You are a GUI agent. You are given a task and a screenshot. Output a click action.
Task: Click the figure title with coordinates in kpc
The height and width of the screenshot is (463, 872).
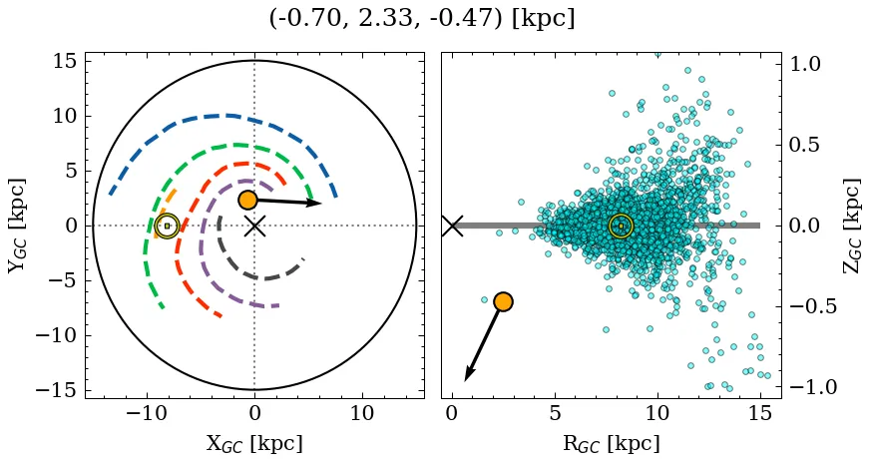(421, 19)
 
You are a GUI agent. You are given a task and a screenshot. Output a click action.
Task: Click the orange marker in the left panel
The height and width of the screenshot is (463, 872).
(247, 200)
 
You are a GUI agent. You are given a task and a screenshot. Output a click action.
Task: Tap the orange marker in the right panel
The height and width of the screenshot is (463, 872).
(503, 301)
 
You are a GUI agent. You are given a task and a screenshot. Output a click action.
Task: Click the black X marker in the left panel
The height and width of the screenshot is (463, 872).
(254, 226)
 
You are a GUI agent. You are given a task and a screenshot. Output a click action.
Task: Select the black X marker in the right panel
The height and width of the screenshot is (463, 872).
(452, 226)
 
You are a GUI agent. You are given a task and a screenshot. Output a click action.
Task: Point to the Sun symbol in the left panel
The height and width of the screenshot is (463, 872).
(167, 226)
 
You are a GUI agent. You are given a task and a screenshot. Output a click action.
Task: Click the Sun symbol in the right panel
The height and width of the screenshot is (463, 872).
(621, 226)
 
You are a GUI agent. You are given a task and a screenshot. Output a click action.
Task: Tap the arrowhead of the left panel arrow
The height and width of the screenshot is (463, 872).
(317, 204)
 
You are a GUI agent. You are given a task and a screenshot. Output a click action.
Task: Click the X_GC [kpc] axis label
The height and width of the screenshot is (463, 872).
(254, 443)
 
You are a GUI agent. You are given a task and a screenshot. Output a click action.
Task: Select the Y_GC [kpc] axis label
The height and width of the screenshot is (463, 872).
(17, 226)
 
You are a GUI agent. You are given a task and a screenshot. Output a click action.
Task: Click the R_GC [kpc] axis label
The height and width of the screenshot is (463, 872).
(611, 443)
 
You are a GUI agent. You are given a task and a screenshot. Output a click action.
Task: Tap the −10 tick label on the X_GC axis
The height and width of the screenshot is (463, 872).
(147, 414)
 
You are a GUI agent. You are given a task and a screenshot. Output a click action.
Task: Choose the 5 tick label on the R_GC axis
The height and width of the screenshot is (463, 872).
(555, 414)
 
